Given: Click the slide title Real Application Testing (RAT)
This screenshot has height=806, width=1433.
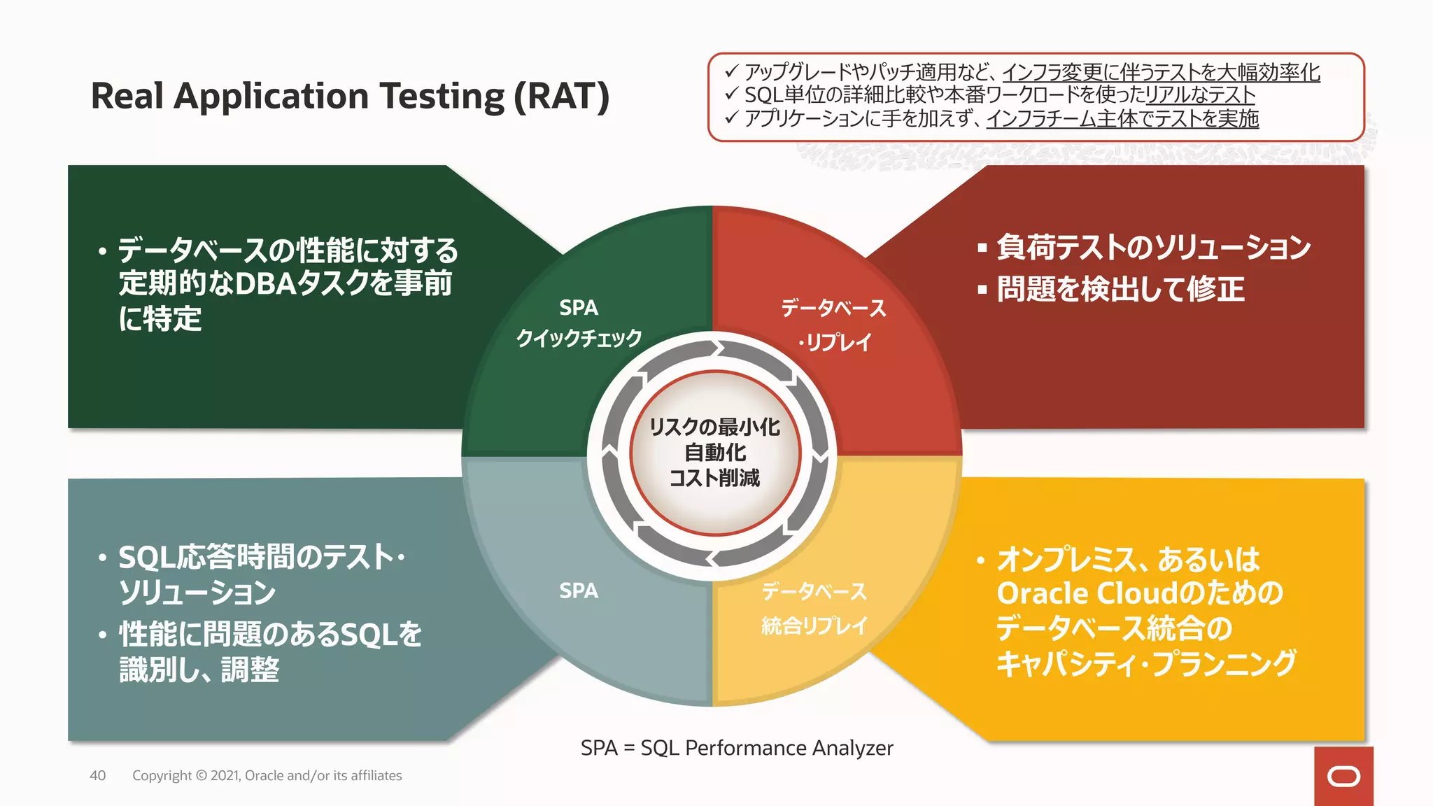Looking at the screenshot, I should [x=350, y=96].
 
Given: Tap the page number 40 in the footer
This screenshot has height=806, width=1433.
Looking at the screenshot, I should [x=97, y=775].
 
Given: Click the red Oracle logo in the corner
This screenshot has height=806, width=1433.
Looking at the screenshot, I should [x=1343, y=776].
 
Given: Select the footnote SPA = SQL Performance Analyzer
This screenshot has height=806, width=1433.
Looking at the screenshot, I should [x=737, y=748].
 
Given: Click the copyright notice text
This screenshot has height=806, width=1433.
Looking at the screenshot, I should [x=267, y=775].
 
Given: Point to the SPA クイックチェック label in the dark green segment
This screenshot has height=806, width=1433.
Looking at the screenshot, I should [x=579, y=323].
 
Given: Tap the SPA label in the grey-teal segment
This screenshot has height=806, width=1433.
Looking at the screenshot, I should [x=579, y=591].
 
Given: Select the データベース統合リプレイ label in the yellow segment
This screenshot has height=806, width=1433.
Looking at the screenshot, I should [x=814, y=608].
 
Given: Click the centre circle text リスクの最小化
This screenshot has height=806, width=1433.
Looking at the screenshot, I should [x=714, y=427].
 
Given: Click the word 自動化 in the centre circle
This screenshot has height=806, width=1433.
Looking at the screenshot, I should [x=714, y=453].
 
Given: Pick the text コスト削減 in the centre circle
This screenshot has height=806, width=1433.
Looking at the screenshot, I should [x=714, y=479].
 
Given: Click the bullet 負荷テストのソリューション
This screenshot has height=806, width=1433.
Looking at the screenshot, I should [x=1153, y=247].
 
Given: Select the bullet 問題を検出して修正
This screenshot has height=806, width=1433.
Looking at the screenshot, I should [x=1120, y=289].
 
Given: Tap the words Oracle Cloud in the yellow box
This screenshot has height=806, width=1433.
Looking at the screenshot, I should [x=1087, y=593].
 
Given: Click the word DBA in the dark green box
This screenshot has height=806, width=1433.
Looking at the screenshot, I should [x=265, y=283].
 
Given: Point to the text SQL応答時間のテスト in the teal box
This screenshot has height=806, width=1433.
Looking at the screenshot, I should [x=256, y=558].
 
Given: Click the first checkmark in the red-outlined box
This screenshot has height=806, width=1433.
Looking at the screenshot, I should [x=732, y=71].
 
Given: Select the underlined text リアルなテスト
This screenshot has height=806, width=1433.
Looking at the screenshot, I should [x=1199, y=95].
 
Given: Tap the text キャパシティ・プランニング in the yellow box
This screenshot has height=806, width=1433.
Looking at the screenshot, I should [x=1146, y=663].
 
